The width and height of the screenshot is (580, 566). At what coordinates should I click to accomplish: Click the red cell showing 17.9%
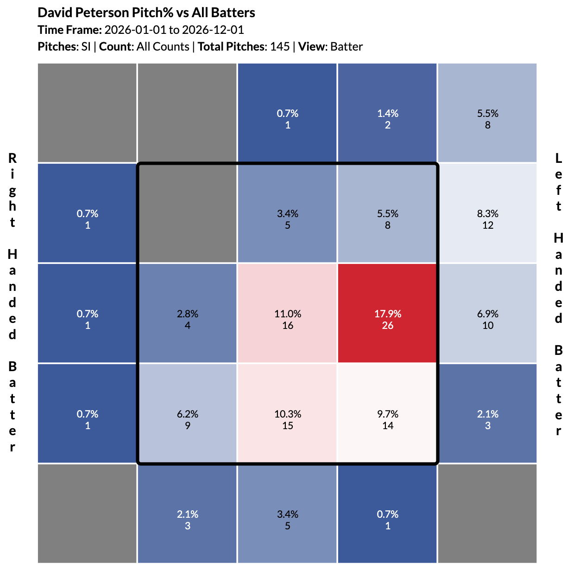(x=387, y=313)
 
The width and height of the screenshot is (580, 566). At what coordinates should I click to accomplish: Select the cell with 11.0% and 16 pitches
(x=287, y=313)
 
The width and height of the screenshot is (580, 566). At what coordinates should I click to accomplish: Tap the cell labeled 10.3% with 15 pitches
(x=287, y=413)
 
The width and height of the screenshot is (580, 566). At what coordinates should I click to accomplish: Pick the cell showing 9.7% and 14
(x=387, y=413)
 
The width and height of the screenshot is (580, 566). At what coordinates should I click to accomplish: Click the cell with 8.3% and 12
(x=487, y=213)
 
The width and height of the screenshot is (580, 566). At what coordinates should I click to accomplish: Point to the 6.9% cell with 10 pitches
(x=487, y=313)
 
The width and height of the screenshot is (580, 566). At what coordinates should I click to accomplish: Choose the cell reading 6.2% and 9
(x=187, y=413)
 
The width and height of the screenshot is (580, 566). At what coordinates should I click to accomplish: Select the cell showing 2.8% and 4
(x=187, y=313)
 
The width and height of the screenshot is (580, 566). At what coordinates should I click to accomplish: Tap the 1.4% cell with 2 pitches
(x=387, y=113)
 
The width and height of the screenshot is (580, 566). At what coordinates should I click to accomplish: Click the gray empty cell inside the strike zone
(x=187, y=213)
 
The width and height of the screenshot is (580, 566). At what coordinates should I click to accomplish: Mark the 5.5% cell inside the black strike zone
(x=387, y=213)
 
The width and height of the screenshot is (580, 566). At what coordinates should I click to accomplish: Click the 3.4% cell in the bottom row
(x=287, y=514)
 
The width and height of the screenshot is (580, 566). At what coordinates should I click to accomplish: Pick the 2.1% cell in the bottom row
(x=187, y=514)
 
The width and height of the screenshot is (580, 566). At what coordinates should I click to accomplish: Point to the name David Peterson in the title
(x=82, y=13)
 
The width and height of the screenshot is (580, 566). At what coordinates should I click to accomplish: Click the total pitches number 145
(x=280, y=46)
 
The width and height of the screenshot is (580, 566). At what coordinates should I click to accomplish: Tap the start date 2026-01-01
(x=135, y=30)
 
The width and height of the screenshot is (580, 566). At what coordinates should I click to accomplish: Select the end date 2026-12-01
(x=213, y=30)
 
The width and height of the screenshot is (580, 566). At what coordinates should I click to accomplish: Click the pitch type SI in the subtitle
(x=86, y=46)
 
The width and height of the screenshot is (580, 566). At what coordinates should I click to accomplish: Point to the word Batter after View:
(x=347, y=46)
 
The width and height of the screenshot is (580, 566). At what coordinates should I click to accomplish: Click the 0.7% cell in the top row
(x=287, y=113)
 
